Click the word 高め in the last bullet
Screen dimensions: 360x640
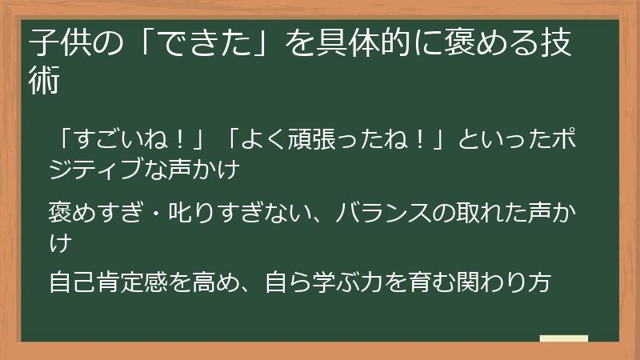click(212, 282)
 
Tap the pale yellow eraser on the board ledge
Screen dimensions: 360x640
click(563, 338)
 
